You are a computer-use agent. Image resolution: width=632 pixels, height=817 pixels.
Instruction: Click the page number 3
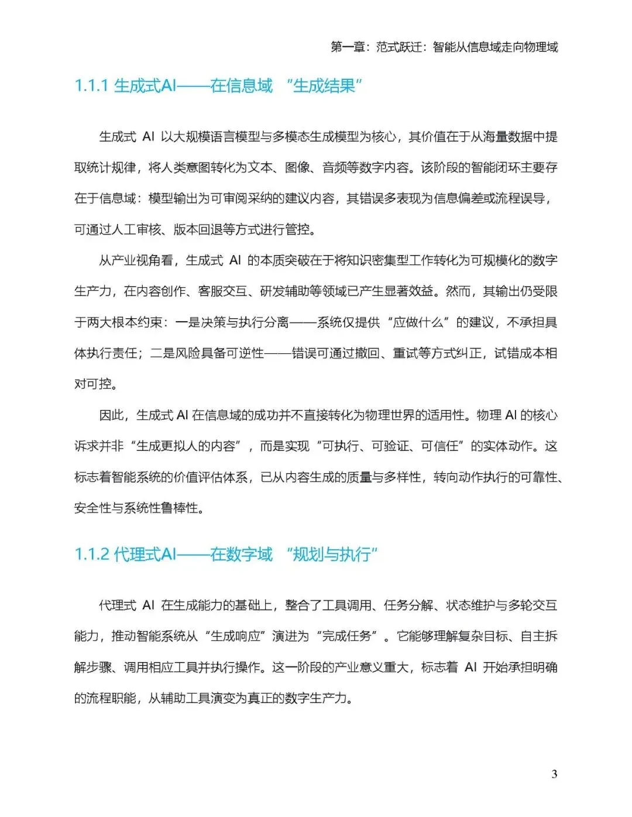pos(554,774)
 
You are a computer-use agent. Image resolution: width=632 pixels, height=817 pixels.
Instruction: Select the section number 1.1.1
pos(91,86)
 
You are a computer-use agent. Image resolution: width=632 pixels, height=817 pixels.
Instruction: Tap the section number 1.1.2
pos(92,554)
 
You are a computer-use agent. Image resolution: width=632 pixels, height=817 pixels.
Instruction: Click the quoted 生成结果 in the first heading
pos(324,86)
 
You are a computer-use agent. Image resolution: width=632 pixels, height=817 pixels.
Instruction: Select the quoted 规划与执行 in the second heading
pos(332,554)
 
